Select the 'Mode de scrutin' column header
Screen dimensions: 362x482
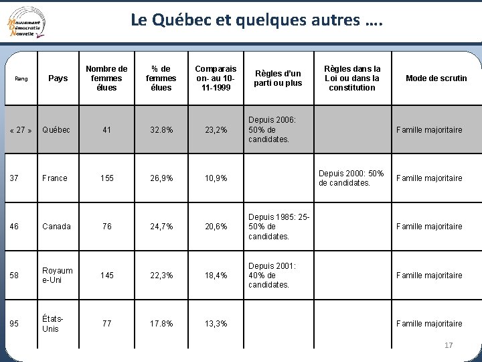436,78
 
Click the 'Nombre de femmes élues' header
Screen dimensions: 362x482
106,78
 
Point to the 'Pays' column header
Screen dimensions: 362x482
58,78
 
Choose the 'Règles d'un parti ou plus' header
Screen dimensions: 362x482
278,78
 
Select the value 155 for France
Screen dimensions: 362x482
107,178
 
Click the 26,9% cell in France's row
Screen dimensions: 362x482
161,178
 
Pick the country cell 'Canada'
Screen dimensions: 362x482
56,227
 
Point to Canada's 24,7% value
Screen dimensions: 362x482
161,227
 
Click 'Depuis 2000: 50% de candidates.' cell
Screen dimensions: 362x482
352,178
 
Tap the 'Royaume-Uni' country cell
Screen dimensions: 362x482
57,275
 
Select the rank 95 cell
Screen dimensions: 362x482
15,324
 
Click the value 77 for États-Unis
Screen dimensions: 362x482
107,324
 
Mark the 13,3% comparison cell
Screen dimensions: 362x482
216,324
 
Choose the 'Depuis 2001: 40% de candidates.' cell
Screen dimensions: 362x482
271,275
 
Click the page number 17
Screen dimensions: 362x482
449,345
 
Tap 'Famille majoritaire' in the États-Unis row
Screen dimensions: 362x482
429,324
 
